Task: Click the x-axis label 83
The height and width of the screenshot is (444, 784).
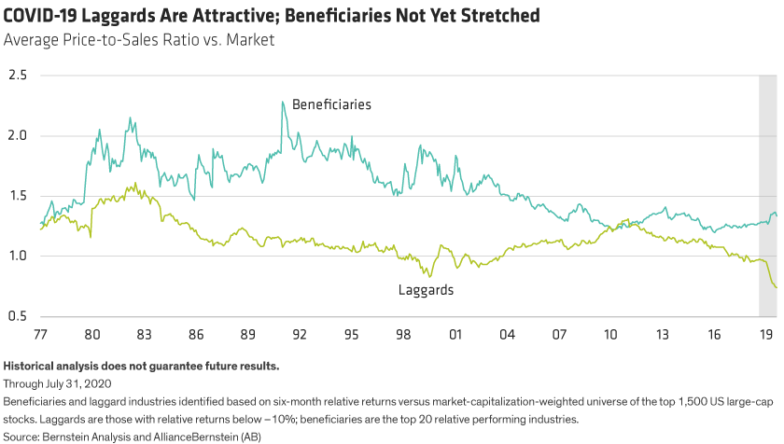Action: point(133,333)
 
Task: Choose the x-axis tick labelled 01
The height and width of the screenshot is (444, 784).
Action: point(456,333)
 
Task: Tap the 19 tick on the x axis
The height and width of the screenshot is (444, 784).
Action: point(765,333)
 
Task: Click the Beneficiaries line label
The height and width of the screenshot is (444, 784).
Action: point(331,104)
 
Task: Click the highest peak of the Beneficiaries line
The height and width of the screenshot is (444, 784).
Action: point(283,102)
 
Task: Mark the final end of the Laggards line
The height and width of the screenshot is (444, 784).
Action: point(777,288)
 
